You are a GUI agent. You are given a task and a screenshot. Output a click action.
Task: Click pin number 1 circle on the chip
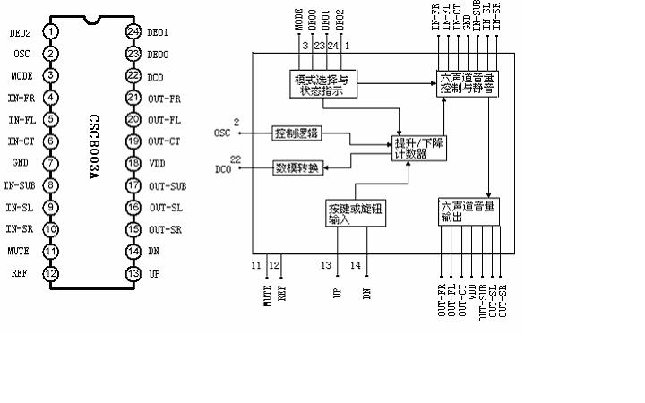click(53, 32)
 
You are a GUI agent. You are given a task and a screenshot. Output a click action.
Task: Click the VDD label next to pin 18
click(158, 163)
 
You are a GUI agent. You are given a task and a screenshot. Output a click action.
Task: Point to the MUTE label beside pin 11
click(18, 251)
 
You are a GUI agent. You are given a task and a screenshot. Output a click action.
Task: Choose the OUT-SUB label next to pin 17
click(166, 185)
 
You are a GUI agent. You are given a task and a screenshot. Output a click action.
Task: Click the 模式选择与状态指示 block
click(324, 85)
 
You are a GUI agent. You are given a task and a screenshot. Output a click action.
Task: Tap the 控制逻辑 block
click(296, 133)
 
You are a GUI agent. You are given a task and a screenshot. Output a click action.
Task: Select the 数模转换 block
click(297, 167)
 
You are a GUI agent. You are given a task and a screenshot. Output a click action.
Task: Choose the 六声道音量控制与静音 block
click(467, 85)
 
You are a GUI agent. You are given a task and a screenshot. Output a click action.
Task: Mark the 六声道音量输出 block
click(466, 213)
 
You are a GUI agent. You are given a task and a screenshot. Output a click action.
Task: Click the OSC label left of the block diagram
click(223, 133)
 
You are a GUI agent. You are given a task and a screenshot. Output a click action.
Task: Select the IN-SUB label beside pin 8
click(19, 185)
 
